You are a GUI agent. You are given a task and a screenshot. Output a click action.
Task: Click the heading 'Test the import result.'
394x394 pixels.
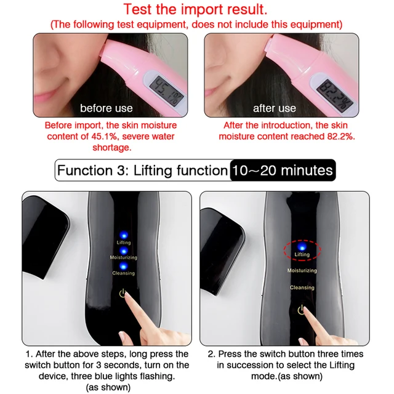pos(196,9)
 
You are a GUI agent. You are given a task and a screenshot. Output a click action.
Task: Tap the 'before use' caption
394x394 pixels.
pos(106,108)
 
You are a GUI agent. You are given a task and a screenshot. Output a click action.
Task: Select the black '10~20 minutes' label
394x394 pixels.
pos(283,171)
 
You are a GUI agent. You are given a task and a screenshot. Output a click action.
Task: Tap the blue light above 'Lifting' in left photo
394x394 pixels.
pos(124,235)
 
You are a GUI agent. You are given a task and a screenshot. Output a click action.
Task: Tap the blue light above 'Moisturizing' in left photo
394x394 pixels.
pos(124,250)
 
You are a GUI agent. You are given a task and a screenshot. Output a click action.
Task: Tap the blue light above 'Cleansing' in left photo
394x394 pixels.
pos(123,265)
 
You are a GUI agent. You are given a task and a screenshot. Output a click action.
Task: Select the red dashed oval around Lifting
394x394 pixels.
pos(302,250)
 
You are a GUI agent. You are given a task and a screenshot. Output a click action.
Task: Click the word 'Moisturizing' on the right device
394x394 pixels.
pos(302,270)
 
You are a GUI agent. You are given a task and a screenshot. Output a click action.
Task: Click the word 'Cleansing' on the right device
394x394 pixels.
pos(302,287)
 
